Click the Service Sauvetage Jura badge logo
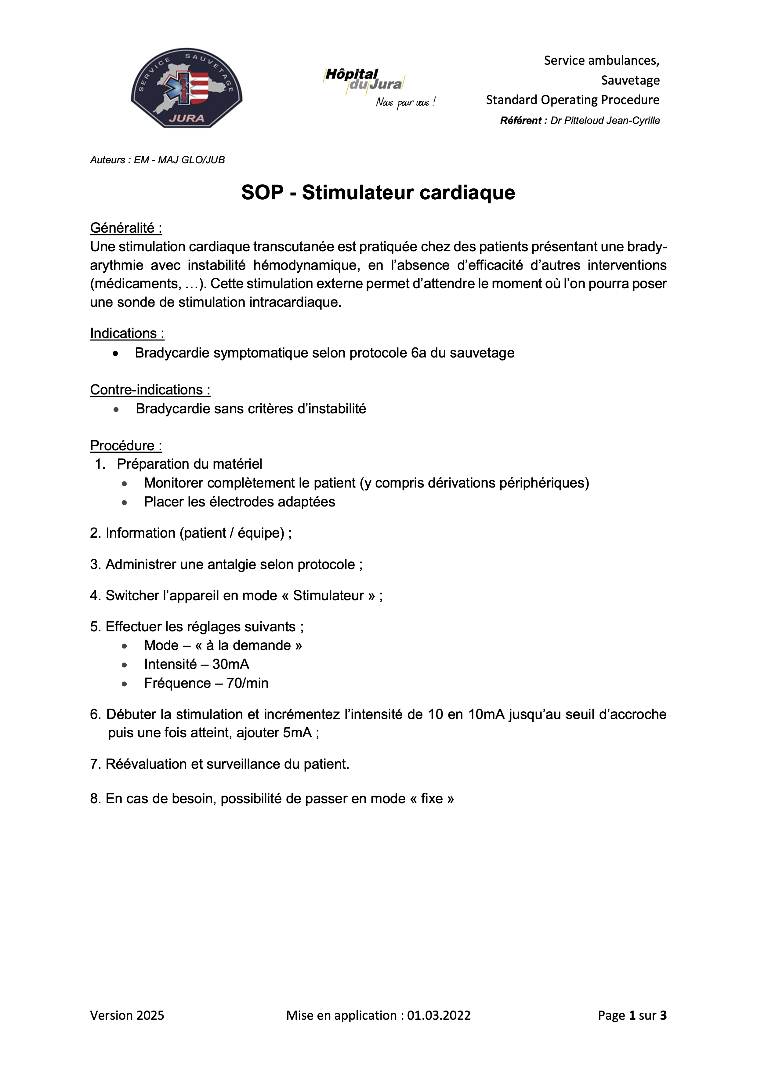tap(187, 88)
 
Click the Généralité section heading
tap(126, 228)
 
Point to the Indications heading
tap(127, 333)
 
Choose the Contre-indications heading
tap(150, 390)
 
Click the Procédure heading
tap(126, 445)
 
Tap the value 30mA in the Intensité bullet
tap(230, 664)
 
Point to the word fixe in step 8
tap(431, 799)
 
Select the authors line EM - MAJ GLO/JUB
tap(179, 160)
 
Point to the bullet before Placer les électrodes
tap(124, 503)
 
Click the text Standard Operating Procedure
tap(572, 100)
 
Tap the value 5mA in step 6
tap(297, 733)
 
